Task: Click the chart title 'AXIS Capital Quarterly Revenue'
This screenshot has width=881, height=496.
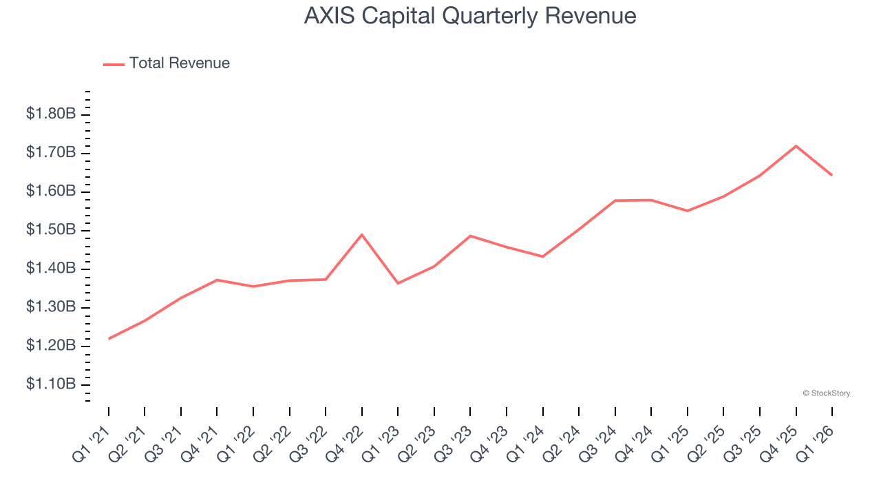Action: coord(470,16)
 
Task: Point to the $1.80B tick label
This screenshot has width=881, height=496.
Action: coord(51,114)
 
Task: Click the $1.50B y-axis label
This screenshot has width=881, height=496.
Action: coord(51,229)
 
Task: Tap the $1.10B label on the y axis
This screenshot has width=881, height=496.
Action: coord(51,384)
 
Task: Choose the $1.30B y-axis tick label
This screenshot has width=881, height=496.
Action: coord(51,307)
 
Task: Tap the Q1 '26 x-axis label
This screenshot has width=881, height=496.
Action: coord(816,441)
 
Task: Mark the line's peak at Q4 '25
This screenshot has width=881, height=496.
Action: coord(796,146)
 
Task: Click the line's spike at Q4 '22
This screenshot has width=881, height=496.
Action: coord(362,235)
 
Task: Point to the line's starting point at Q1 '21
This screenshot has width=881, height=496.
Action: coord(109,338)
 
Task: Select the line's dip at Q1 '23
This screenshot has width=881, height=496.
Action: coord(398,283)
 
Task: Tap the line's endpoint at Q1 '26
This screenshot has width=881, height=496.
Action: coord(831,175)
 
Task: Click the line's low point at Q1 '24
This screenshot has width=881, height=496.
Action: coord(542,256)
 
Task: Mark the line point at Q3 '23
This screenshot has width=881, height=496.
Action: coord(470,236)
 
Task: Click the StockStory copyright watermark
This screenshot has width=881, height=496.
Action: coord(826,393)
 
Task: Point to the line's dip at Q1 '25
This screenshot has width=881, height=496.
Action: coord(687,211)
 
